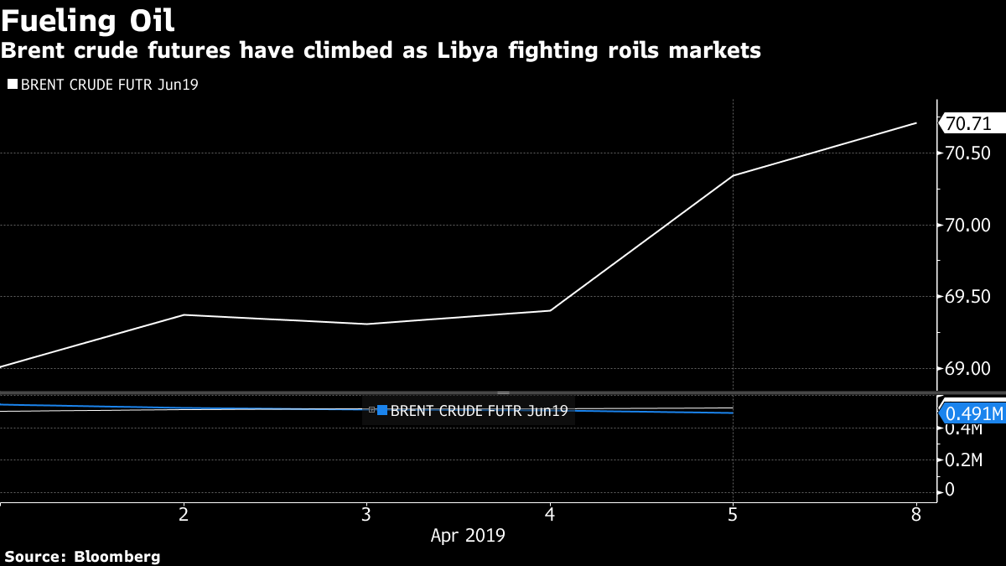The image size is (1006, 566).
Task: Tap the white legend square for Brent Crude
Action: point(12,84)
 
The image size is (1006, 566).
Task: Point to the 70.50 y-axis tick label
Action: point(967,153)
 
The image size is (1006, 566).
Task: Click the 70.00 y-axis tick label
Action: point(967,225)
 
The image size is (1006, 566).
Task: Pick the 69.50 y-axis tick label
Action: point(967,297)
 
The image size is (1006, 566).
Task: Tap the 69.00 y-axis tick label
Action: point(967,368)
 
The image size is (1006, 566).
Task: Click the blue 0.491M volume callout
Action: point(973,413)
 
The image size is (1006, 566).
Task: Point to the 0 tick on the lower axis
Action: point(949,490)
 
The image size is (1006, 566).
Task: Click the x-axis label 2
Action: point(184,513)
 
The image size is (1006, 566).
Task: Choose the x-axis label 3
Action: point(366,513)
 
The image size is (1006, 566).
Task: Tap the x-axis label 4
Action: point(550,513)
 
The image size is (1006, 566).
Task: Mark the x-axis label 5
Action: point(734,513)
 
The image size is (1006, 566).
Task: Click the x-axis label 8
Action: point(916,513)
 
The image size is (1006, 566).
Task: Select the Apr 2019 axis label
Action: point(468,535)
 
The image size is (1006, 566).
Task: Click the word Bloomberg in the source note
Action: point(117,556)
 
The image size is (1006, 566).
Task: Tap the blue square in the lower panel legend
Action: point(382,410)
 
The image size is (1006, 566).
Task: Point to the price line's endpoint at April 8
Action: point(916,122)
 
